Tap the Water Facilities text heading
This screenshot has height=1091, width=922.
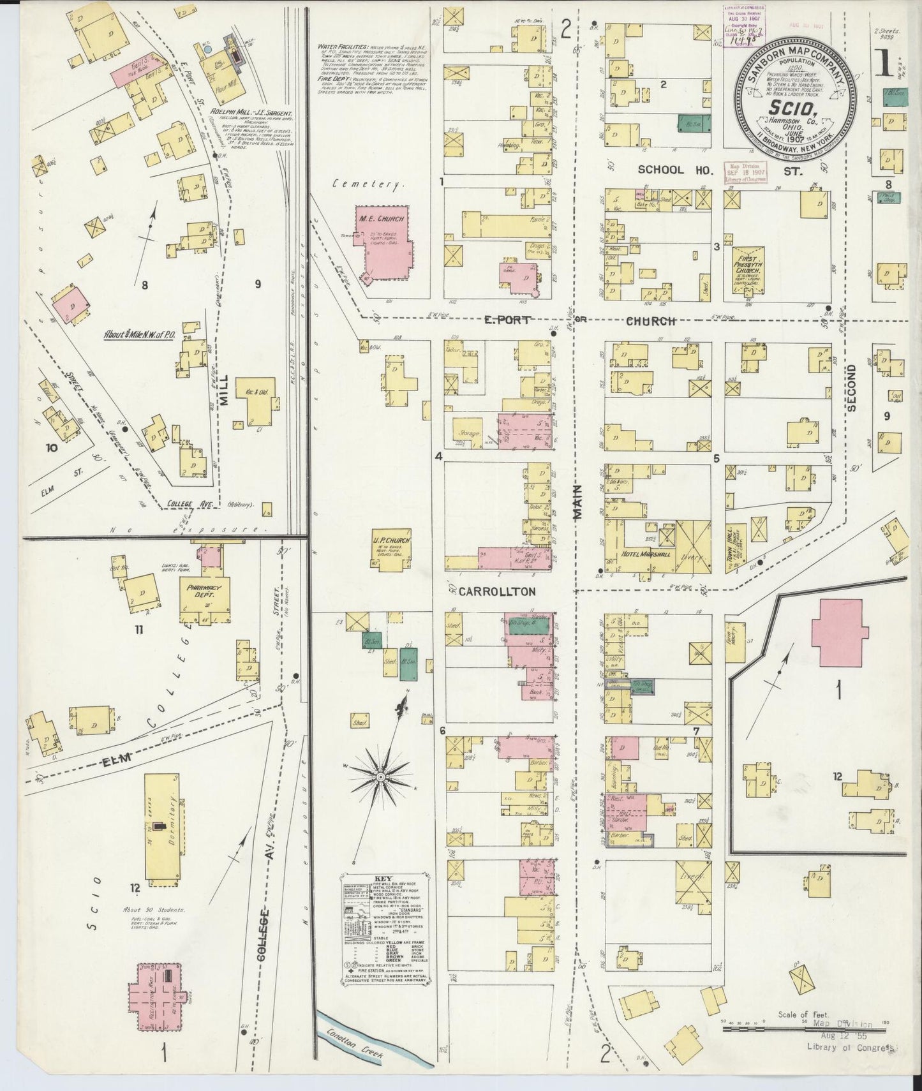click(345, 47)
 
